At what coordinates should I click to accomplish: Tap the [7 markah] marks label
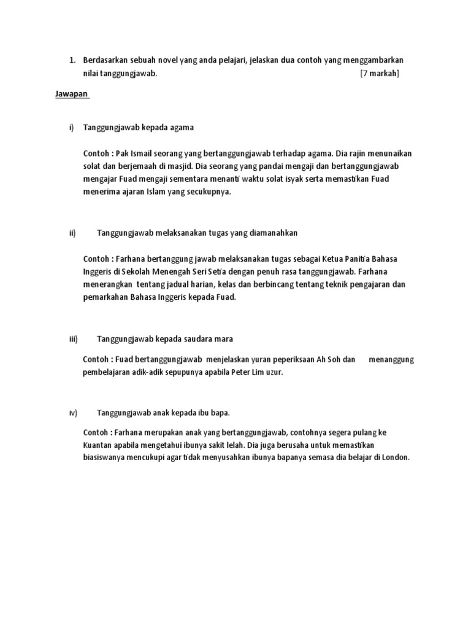[x=380, y=73]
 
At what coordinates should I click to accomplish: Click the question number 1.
[x=72, y=60]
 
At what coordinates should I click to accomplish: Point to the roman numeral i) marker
[x=71, y=127]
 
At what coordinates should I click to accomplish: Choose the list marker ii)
[x=72, y=233]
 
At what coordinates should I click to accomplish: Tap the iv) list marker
[x=72, y=412]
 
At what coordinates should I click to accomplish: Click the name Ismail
[x=142, y=153]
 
